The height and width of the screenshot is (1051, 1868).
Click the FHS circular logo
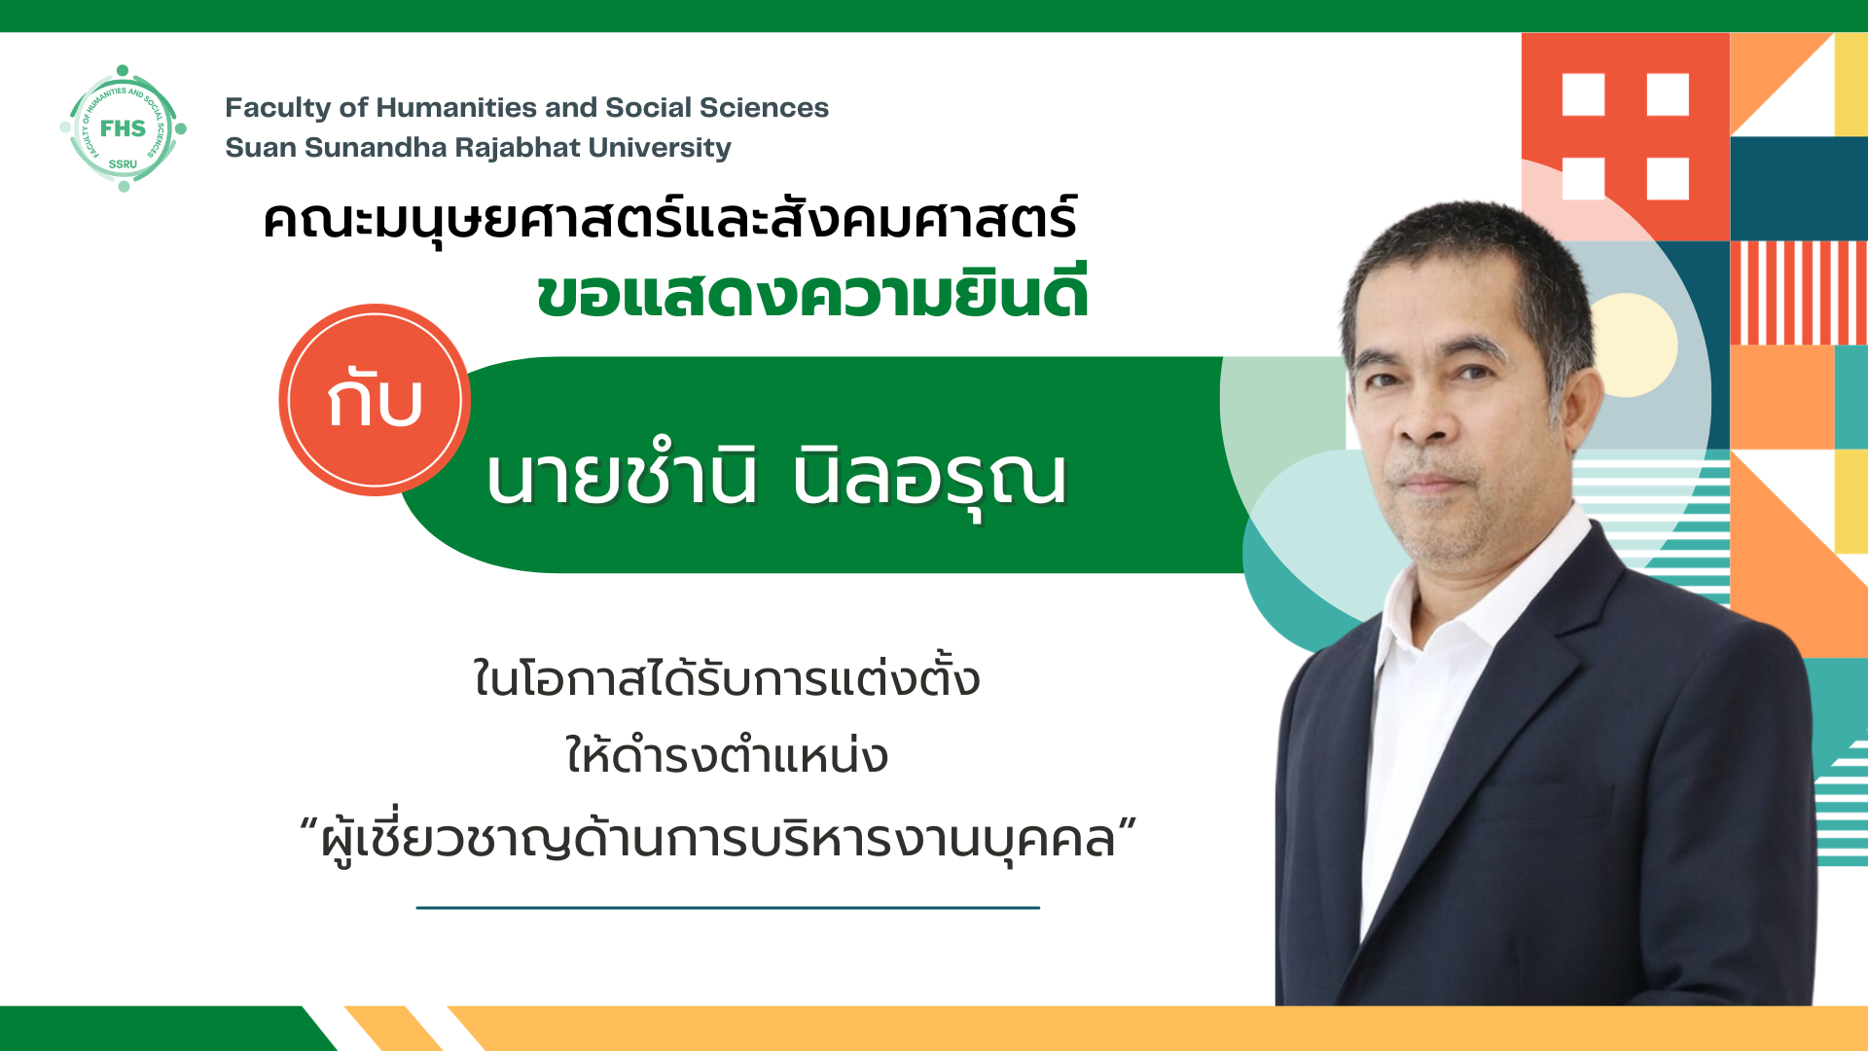point(123,128)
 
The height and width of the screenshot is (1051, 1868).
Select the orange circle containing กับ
point(375,400)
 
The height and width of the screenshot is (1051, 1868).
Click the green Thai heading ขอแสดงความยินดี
point(812,292)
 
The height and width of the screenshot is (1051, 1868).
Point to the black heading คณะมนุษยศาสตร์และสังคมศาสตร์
point(670,219)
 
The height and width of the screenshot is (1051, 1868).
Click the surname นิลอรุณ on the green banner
point(930,479)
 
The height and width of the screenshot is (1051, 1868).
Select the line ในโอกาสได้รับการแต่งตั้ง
point(726,678)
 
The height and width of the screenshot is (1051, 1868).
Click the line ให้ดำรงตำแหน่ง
point(727,755)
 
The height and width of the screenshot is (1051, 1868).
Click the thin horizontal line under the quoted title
point(728,908)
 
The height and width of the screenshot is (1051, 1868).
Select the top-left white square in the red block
point(1583,95)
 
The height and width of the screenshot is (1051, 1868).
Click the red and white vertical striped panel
point(1799,293)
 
